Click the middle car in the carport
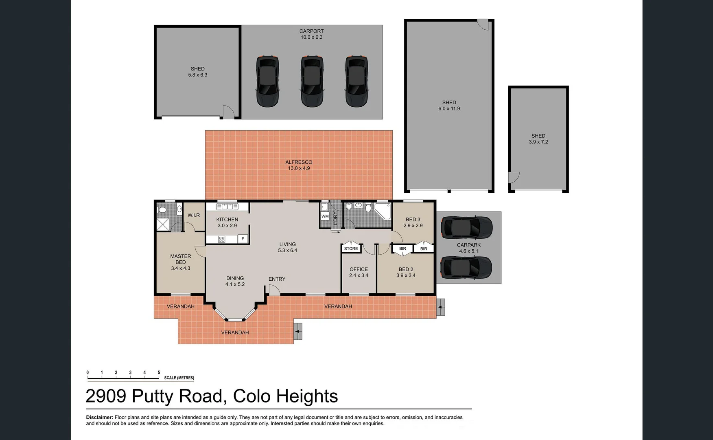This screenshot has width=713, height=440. pos(312,81)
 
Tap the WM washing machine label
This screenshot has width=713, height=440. pos(325,216)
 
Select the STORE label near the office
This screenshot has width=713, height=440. pos(351,249)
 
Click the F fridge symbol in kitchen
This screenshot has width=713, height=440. pos(243,239)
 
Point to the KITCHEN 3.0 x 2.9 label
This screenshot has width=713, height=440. pos(227,222)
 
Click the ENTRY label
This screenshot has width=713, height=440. pos(277,279)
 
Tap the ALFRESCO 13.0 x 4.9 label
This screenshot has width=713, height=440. pos(299,165)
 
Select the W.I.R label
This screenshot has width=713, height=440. pos(193,215)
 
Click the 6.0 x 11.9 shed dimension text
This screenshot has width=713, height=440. pos(449,109)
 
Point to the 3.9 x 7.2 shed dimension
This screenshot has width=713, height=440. pos(538,142)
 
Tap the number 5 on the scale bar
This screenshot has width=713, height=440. pos(159,372)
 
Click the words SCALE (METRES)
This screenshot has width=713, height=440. pos(179,378)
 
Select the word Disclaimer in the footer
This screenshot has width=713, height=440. pos(99,417)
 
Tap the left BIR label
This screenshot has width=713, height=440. pos(402,249)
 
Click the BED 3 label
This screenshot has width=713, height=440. pos(413,220)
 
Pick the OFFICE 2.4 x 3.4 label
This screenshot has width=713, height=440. pos(359,272)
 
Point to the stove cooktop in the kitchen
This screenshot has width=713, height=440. pos(221,239)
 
